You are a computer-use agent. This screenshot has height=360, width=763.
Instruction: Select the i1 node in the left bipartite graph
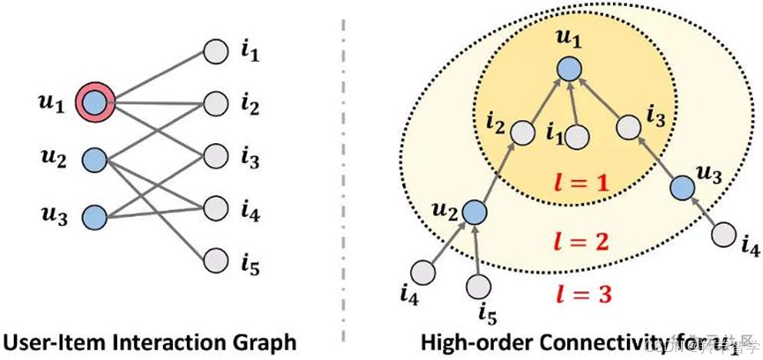(x=216, y=52)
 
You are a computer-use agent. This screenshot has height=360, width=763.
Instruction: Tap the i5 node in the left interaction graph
(x=216, y=259)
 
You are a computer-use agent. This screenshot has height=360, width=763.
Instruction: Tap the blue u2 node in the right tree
(x=475, y=211)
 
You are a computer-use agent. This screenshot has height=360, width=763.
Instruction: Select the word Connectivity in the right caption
(x=593, y=341)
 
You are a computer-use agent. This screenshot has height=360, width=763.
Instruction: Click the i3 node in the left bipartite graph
(x=216, y=156)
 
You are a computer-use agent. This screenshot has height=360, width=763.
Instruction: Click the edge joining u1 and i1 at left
(x=154, y=77)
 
